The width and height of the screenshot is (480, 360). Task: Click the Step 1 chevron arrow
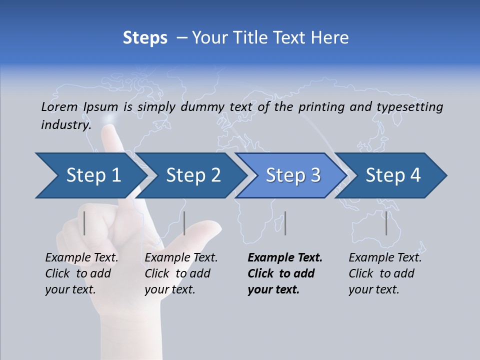coord(90,175)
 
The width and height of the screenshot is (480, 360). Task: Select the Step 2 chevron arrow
coord(192,175)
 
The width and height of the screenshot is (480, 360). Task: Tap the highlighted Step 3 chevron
coord(292,175)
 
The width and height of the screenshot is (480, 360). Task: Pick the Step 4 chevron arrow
coord(392,175)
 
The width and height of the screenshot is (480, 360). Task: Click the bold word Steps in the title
coord(145,38)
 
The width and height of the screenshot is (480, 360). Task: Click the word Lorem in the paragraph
coord(59,106)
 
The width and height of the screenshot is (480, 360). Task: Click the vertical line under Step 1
coord(84,223)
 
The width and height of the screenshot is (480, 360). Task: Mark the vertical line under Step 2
coord(184,223)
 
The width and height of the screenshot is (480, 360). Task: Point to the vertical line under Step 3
coord(285,223)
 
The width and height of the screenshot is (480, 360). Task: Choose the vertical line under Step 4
coord(386,223)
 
